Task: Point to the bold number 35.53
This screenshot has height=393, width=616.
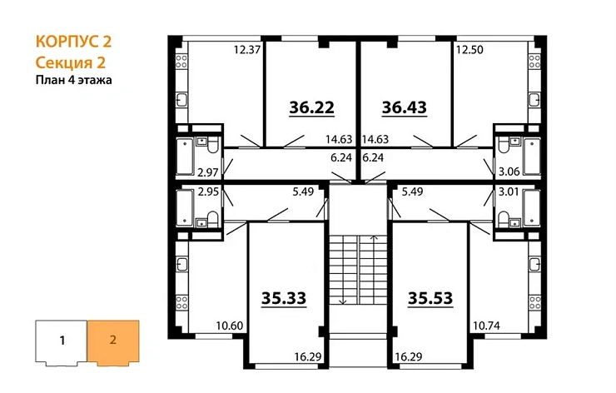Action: point(430,297)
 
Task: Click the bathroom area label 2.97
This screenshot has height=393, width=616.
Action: point(206,172)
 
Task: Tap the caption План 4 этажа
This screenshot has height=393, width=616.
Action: point(73,80)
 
